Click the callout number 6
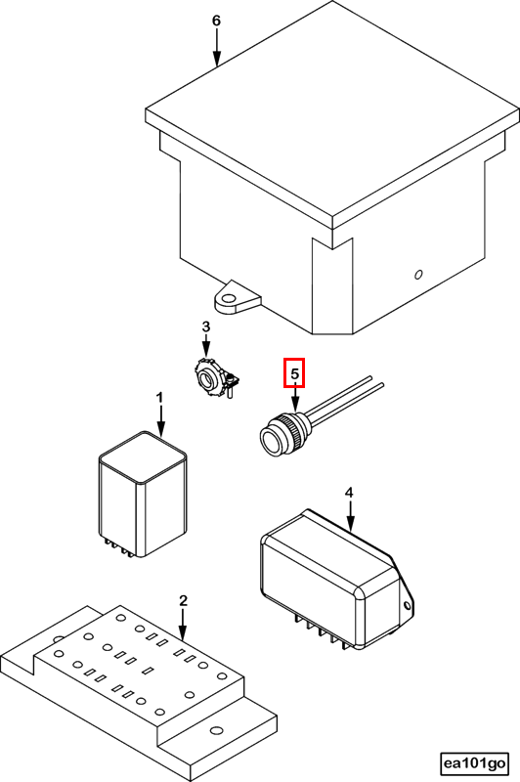216,21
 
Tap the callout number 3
206,326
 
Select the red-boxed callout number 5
294,372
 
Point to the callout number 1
159,398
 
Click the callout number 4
349,493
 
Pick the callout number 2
183,600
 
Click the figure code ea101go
475,763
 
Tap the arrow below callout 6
217,48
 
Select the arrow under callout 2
183,625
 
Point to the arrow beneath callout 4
351,516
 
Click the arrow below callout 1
160,420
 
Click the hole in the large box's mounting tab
229,300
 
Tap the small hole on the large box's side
418,275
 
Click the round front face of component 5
271,440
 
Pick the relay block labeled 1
143,495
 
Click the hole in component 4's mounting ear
407,606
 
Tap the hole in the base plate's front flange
216,730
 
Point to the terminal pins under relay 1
118,547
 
